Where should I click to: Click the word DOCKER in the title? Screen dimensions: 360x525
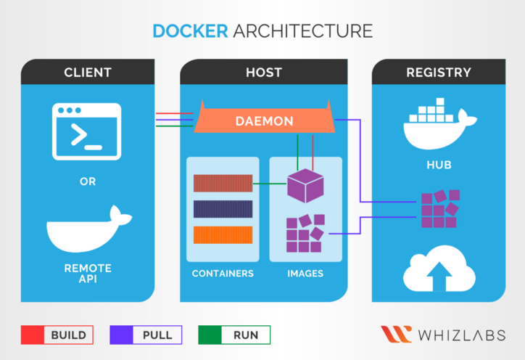pos(191,30)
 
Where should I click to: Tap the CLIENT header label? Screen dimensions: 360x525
pos(88,73)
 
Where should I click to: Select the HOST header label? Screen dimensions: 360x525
pos(264,73)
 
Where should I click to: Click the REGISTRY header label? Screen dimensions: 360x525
pos(438,73)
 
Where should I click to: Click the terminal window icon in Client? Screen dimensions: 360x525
pos(86,131)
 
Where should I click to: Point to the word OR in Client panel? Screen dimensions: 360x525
pos(88,181)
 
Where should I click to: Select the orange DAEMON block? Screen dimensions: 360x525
pos(264,121)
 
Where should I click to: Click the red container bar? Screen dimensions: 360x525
pos(223,183)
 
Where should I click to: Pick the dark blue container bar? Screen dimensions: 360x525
pos(223,209)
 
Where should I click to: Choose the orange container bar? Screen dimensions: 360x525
pos(223,234)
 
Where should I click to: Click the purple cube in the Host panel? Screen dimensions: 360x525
pos(305,186)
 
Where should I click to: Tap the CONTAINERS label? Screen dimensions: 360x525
pos(223,274)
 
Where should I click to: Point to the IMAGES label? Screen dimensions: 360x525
pos(305,274)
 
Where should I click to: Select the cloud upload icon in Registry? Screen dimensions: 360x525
pos(439,272)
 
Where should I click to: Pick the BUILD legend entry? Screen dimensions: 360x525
pos(57,335)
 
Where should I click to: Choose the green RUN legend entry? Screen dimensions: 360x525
pos(234,335)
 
